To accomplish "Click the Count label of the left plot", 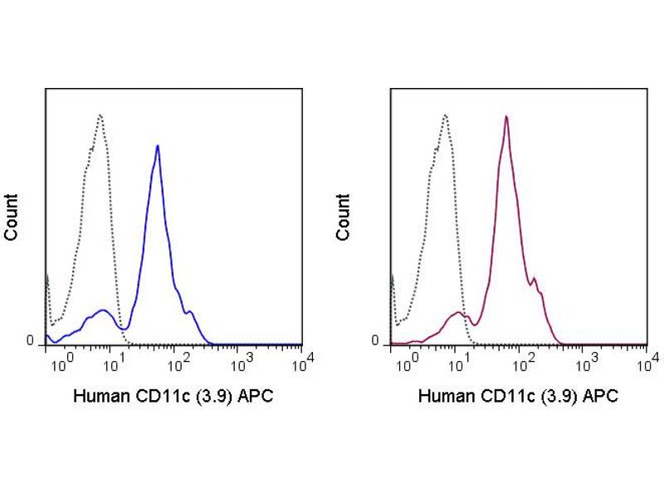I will (12, 217).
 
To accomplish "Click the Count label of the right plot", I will (344, 217).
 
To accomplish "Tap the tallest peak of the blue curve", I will (158, 146).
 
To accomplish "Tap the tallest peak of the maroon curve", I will (505, 117).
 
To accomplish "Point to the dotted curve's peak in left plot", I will (100, 115).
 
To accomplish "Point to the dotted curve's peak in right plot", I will (446, 115).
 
